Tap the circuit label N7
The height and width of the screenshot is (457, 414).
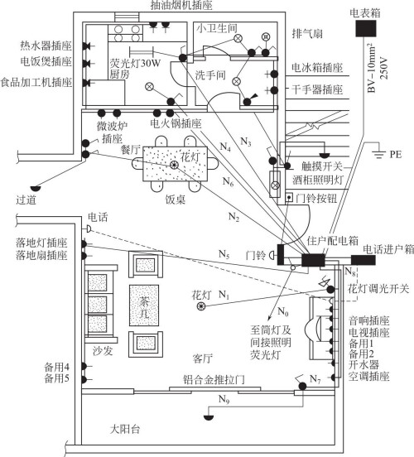pos(312,379)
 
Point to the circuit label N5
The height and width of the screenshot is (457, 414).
pos(224,254)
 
